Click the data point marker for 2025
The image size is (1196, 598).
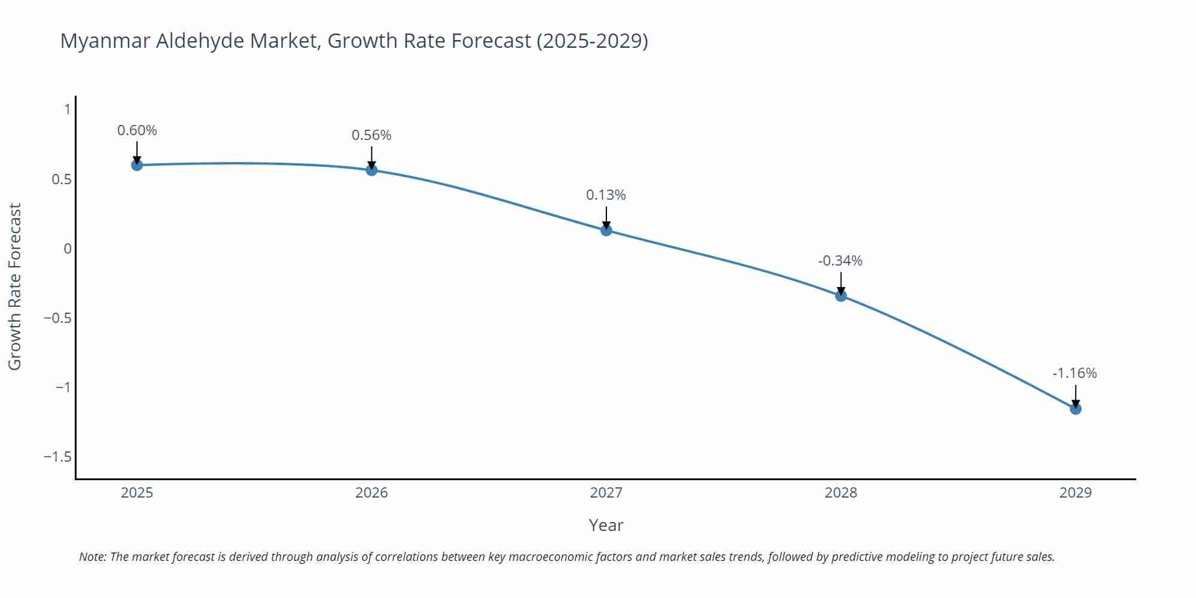(x=137, y=165)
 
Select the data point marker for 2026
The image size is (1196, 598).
(x=371, y=170)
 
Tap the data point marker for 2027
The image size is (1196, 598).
(x=606, y=230)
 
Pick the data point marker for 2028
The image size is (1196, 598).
(x=841, y=295)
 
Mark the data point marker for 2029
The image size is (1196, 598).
(x=1075, y=409)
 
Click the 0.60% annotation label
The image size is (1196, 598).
(x=137, y=130)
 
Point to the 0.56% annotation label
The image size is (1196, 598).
(x=371, y=135)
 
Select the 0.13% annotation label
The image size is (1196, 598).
(x=606, y=195)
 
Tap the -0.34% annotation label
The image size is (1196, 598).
(x=840, y=261)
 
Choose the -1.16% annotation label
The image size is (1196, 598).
(x=1075, y=373)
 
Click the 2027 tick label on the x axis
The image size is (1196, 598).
(x=606, y=493)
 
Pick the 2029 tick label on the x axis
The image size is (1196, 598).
(x=1075, y=493)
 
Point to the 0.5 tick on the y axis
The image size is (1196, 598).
(x=62, y=179)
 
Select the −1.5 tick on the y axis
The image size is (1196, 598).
(x=57, y=457)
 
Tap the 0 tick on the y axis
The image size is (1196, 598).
(x=68, y=249)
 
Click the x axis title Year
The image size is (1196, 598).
(x=606, y=525)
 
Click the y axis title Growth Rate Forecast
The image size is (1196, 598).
(x=15, y=286)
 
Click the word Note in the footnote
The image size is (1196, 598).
(x=92, y=557)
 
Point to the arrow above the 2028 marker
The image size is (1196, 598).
(x=841, y=283)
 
